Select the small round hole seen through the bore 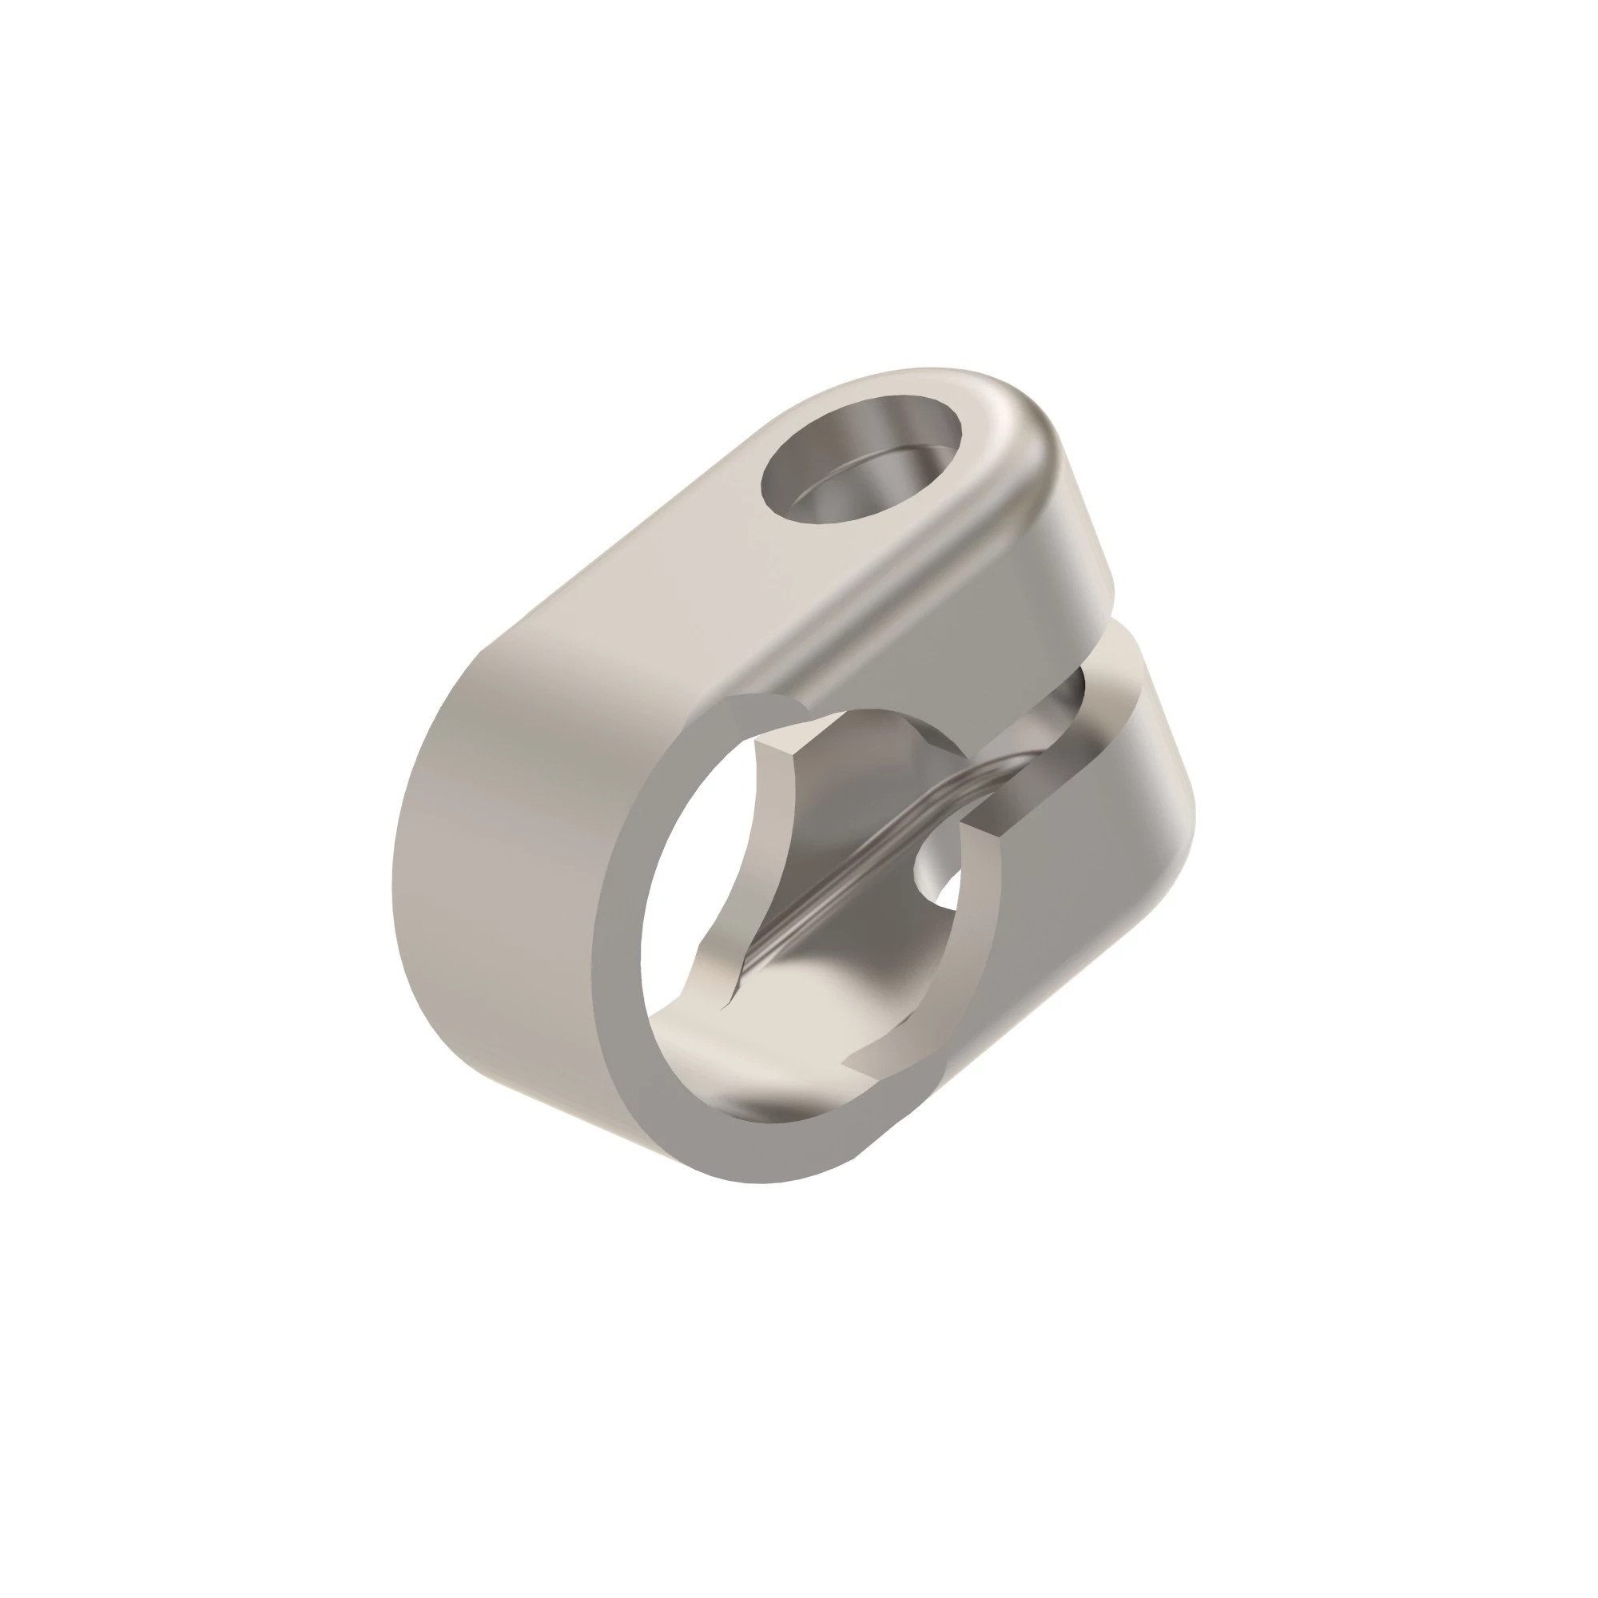(x=939, y=869)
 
